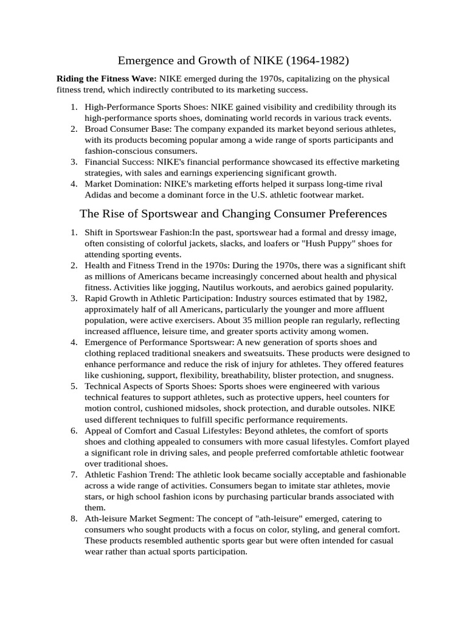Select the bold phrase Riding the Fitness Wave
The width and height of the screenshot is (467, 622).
106,79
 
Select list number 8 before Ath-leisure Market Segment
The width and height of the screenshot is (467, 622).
74,518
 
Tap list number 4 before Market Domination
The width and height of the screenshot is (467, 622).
74,184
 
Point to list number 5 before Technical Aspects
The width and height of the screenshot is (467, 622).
74,386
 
